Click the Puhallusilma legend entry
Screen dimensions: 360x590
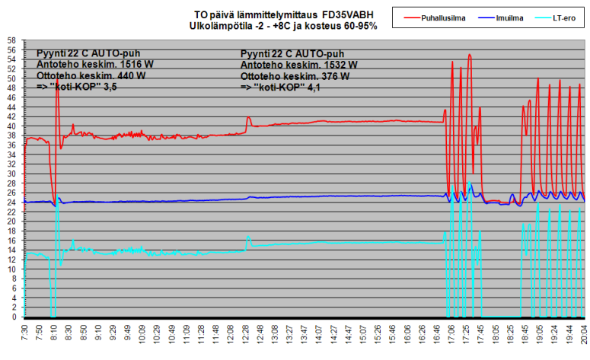point(445,17)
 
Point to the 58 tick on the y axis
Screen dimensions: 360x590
point(11,40)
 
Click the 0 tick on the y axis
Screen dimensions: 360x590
point(13,317)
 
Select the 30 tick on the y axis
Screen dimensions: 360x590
point(11,174)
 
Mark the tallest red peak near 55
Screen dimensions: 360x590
point(470,55)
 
